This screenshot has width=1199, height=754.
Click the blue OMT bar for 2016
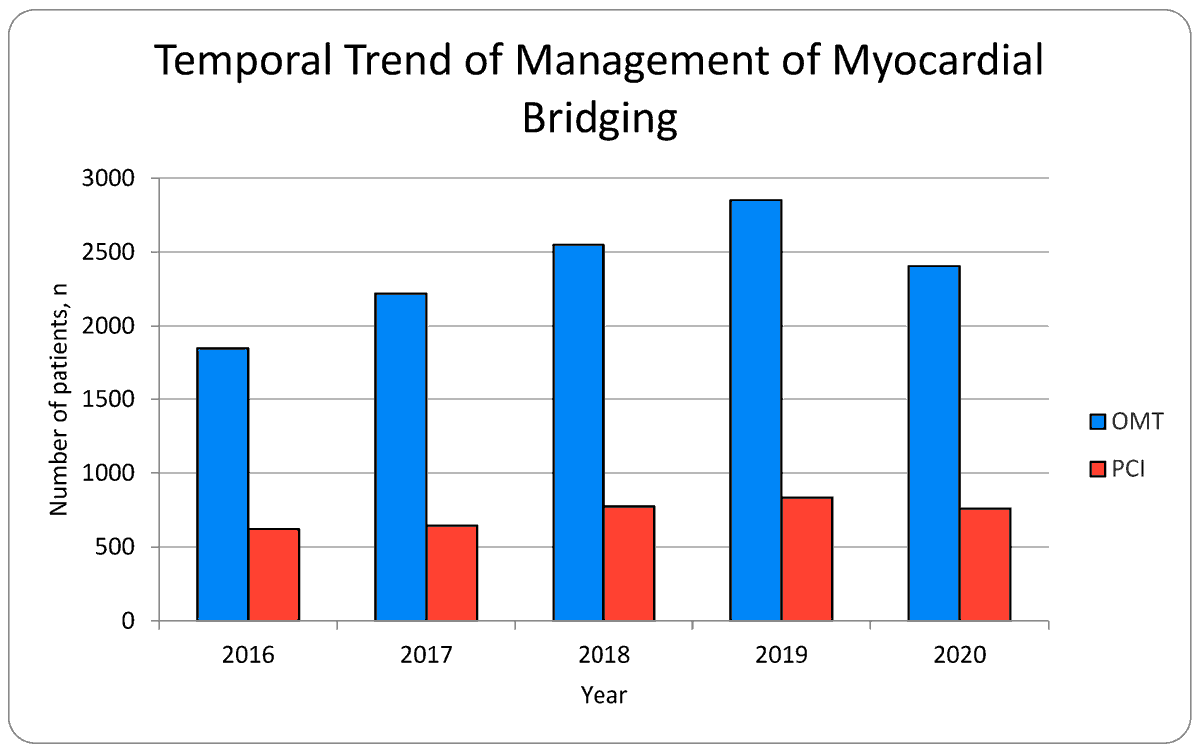click(222, 484)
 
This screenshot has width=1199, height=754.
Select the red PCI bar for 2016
click(274, 575)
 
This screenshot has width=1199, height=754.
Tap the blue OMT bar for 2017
click(400, 456)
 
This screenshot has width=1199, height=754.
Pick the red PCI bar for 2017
click(452, 573)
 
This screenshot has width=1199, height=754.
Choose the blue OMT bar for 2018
click(578, 432)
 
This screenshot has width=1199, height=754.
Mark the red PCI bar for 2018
click(629, 564)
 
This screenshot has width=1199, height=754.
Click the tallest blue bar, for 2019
click(755, 410)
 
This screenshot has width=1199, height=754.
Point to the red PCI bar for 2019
click(807, 559)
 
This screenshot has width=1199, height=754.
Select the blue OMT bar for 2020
click(933, 443)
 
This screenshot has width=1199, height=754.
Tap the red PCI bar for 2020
click(985, 565)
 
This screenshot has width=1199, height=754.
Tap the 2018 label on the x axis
click(603, 656)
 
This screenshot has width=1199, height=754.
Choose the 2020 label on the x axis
click(959, 656)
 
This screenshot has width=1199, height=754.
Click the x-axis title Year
click(603, 695)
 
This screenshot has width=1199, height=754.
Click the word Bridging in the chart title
click(599, 118)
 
